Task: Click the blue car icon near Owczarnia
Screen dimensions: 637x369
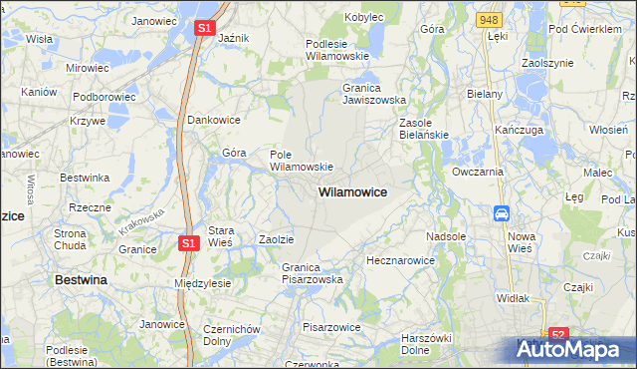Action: coord(502,213)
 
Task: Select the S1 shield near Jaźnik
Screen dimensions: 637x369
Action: coord(203,29)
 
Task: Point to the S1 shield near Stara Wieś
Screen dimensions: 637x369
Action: coord(190,242)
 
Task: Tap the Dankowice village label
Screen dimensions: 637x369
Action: coord(214,120)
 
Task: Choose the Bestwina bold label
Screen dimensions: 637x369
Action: coord(81,280)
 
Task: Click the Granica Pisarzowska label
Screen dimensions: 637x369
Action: coord(312,273)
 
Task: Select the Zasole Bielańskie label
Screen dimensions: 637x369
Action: coord(424,129)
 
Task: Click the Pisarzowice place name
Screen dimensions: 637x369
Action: coord(330,326)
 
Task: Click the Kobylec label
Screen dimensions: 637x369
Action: coord(364,17)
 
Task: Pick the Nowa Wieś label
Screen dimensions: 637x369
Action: coord(521,242)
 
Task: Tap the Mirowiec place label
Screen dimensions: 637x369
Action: coord(87,68)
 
